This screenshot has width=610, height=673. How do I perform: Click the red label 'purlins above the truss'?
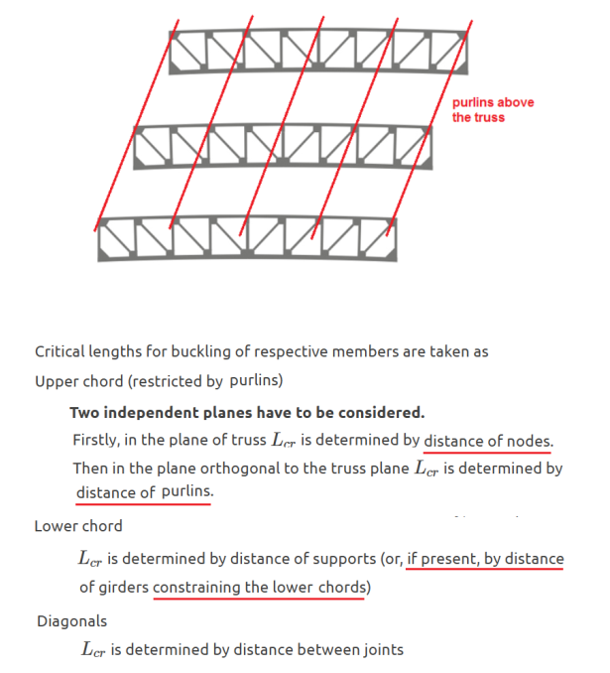[x=493, y=110]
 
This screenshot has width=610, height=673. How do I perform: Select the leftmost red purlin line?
[x=137, y=125]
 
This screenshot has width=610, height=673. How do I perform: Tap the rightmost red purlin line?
[x=428, y=128]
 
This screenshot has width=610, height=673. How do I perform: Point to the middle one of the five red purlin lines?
[x=282, y=126]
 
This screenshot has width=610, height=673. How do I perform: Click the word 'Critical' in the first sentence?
[x=60, y=351]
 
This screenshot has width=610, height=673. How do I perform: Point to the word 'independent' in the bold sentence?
[x=152, y=413]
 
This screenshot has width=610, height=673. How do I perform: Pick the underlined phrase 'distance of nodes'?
[x=488, y=441]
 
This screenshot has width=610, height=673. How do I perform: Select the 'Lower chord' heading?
[x=78, y=526]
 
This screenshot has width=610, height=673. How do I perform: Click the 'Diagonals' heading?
[x=72, y=621]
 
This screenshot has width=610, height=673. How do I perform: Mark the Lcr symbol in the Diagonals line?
[x=93, y=650]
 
